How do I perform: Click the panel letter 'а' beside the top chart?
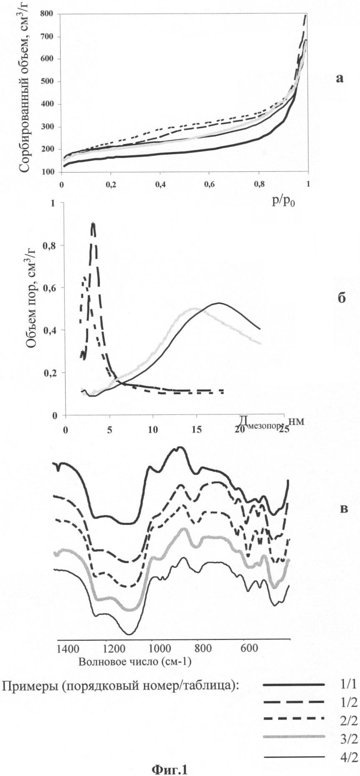pos(340,78)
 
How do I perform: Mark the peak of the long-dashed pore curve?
pos(93,224)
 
